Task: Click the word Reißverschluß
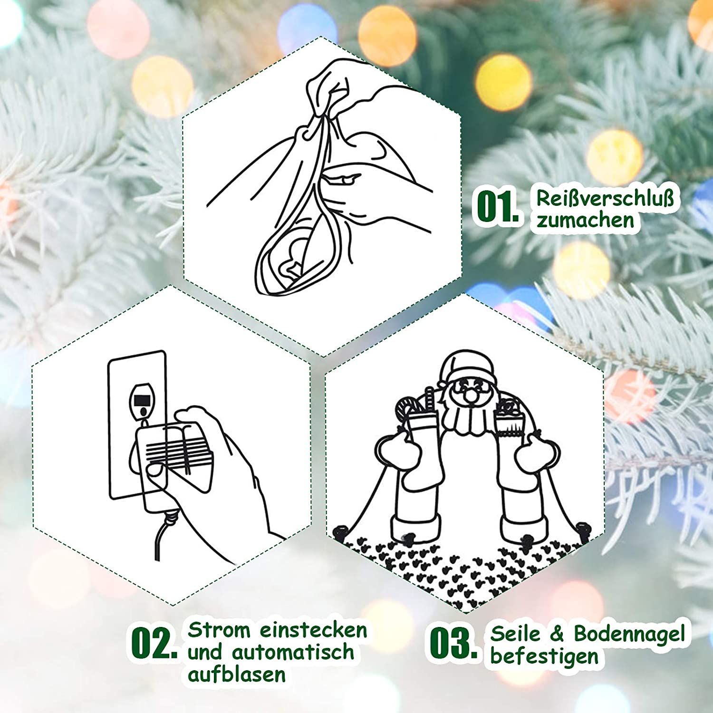[x=605, y=198]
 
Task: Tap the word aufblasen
[x=237, y=674]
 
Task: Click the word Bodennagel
[x=629, y=635]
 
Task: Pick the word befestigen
[x=544, y=657]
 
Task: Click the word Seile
[x=515, y=634]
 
